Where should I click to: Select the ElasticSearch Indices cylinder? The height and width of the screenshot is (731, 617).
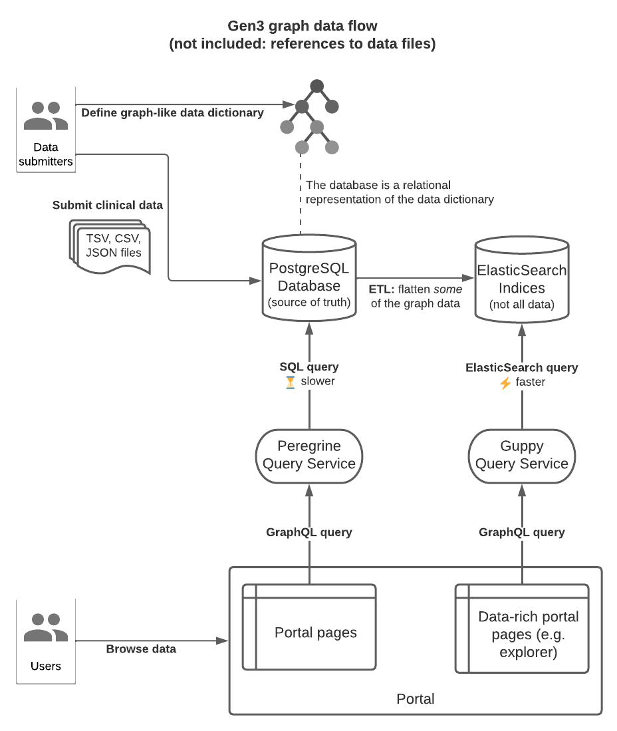(521, 279)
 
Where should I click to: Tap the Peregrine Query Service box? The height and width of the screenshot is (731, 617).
(309, 454)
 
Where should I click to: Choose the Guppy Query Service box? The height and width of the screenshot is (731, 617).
(521, 454)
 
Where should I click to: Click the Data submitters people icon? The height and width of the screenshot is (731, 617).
(46, 116)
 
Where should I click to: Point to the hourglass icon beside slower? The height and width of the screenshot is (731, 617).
(289, 382)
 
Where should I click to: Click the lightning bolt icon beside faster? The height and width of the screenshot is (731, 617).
(505, 382)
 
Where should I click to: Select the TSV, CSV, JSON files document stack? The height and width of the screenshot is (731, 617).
(110, 246)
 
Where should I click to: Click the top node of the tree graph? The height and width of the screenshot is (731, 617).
(317, 86)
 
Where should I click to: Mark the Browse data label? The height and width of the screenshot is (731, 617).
(141, 649)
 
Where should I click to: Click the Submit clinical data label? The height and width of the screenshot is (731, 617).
(108, 205)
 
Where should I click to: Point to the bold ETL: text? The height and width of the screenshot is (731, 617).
(382, 289)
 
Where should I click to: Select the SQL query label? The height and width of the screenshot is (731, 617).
(308, 366)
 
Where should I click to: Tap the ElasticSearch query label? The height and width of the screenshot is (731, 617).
(521, 367)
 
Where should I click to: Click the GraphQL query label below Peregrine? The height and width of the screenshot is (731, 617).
(308, 532)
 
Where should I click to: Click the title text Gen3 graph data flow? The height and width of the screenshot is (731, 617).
(303, 27)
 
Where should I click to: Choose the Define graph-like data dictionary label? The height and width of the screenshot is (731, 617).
(172, 112)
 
